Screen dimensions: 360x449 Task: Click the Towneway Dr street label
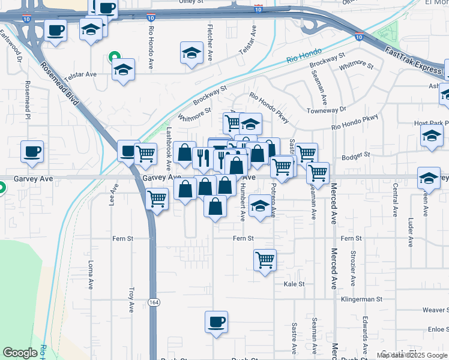click(x=327, y=110)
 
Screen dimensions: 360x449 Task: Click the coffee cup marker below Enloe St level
click(x=216, y=322)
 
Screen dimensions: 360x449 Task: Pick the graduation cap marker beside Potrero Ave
click(x=259, y=206)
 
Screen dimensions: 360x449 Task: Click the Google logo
click(x=20, y=353)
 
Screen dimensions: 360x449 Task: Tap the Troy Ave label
click(x=131, y=299)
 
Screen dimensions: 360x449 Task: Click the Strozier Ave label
click(x=354, y=268)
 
